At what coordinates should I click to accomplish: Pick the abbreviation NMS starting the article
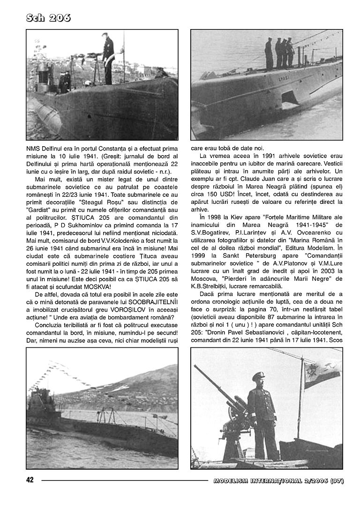[x=33, y=148]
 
